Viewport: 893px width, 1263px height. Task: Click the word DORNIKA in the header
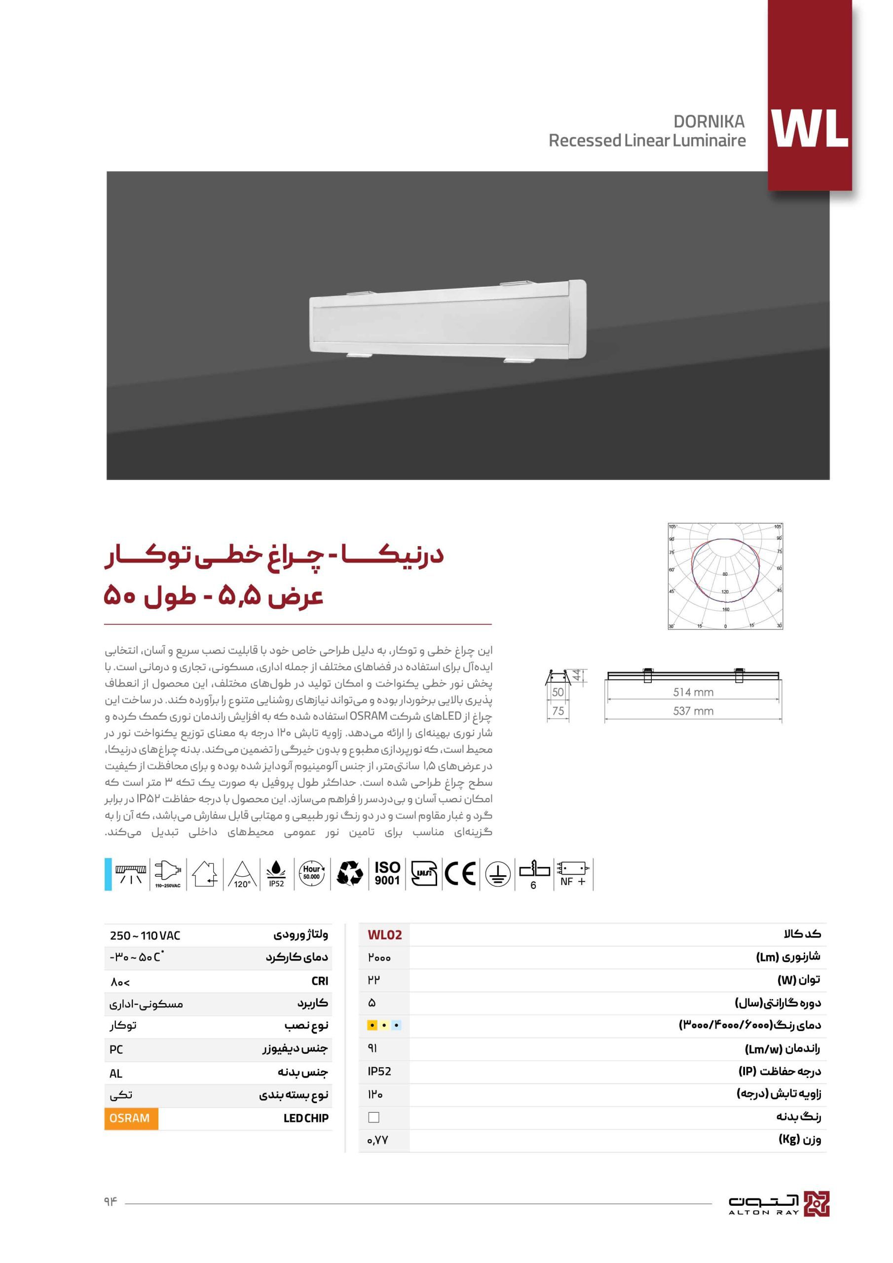pos(708,121)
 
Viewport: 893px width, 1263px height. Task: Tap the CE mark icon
pos(460,874)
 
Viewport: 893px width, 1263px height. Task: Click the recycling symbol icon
pos(349,874)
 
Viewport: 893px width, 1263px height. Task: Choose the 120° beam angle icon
pos(242,874)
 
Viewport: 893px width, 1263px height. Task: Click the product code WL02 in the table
pos(385,935)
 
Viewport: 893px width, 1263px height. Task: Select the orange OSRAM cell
pos(130,1118)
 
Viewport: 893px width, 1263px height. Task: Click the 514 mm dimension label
pos(693,693)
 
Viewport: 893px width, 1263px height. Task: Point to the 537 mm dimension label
pos(693,711)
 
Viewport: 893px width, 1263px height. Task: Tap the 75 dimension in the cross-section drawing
pos(558,711)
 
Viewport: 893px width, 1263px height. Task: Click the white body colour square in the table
pos(373,1117)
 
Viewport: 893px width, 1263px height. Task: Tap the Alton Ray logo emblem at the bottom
pos(816,1204)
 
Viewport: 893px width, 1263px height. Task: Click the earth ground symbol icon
pos(497,874)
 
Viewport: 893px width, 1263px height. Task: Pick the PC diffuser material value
pos(116,1049)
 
